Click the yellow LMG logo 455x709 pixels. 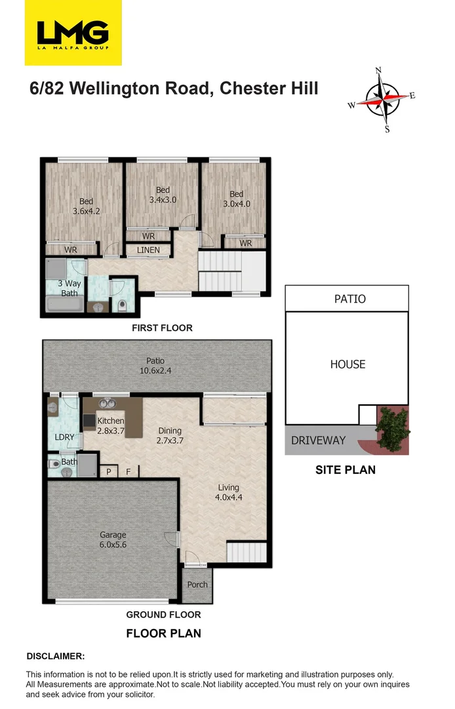(x=73, y=33)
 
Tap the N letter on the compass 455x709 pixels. (x=378, y=70)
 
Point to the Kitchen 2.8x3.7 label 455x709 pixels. (x=110, y=426)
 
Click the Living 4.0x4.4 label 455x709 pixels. (x=228, y=493)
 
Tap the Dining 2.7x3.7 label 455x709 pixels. (x=170, y=436)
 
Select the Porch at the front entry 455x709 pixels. (x=197, y=584)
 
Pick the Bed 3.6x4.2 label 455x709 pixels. (x=86, y=207)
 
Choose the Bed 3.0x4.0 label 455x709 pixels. (x=236, y=199)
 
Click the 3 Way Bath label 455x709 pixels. (x=69, y=288)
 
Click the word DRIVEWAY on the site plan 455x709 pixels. (x=318, y=440)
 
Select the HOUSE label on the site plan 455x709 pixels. (x=347, y=364)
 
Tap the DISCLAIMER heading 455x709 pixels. (x=55, y=656)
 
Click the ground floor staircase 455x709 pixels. (x=246, y=552)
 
